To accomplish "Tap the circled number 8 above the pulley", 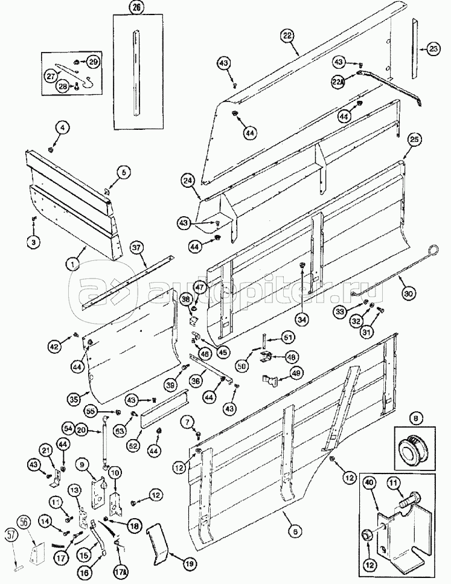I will (x=415, y=417).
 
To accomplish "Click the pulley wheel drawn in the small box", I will (x=416, y=449).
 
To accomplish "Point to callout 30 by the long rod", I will (x=409, y=294).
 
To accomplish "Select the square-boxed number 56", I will (x=24, y=522).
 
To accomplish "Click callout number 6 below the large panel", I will (x=295, y=531).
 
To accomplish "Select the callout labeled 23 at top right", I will (x=433, y=50).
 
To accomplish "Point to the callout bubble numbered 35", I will (x=74, y=399).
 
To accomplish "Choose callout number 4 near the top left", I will (x=63, y=127).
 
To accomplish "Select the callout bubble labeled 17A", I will (x=121, y=570).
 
